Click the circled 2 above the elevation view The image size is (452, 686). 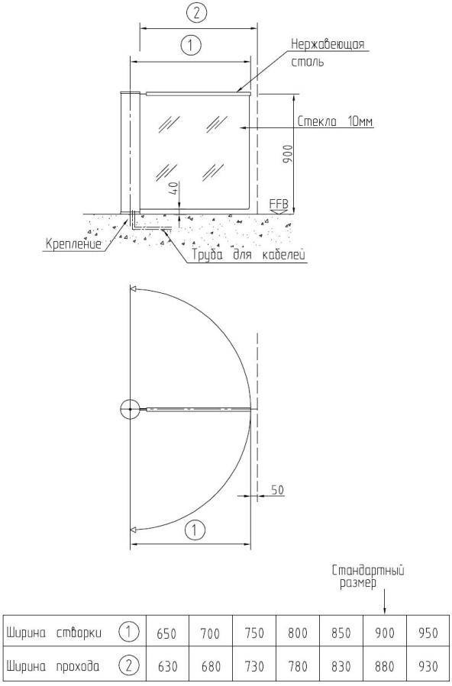(196, 13)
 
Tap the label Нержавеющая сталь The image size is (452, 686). (328, 53)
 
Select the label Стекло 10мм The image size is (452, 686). (335, 121)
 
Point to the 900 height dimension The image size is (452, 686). (289, 153)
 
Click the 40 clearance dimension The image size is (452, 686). (174, 189)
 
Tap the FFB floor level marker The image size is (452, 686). (279, 205)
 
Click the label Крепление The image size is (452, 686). (73, 243)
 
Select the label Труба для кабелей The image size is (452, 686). (248, 255)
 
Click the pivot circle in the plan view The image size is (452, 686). (130, 410)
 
